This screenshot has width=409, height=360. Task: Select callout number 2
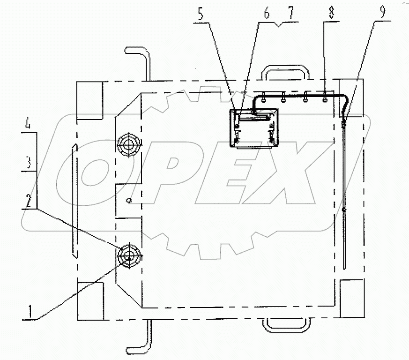point(29,201)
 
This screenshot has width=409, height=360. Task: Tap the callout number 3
point(29,163)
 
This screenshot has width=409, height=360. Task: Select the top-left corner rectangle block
point(89,100)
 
